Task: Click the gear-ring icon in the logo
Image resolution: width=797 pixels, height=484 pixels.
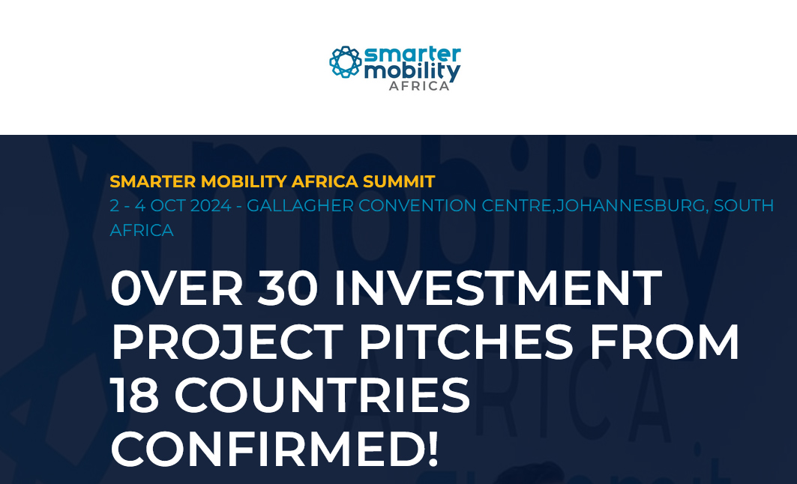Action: tap(346, 62)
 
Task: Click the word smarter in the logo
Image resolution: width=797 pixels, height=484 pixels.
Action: tap(412, 54)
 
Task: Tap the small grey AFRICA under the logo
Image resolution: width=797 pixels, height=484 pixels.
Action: tap(419, 86)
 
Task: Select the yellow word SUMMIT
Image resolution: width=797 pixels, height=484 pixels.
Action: tap(399, 181)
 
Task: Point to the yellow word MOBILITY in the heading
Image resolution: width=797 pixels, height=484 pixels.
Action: tap(244, 181)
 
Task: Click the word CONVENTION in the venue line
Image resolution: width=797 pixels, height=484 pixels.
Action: tap(418, 206)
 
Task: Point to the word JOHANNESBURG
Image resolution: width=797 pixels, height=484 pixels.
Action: tap(631, 206)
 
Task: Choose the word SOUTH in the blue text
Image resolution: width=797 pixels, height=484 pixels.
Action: tap(744, 206)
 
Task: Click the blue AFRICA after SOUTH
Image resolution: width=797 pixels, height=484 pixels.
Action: tap(142, 231)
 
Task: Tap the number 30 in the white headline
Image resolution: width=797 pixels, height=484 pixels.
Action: tap(288, 288)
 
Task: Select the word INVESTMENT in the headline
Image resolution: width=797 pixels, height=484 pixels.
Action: tap(498, 288)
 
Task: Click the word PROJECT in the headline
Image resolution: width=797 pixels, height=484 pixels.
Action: tap(227, 342)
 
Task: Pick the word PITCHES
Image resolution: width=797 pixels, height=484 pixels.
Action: tap(466, 342)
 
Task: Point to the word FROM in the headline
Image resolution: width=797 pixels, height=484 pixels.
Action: tap(664, 342)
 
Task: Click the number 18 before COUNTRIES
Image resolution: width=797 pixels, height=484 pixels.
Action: tap(134, 396)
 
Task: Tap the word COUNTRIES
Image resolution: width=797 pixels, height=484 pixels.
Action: tap(322, 396)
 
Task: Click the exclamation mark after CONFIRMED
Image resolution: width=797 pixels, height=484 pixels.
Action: tap(432, 449)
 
